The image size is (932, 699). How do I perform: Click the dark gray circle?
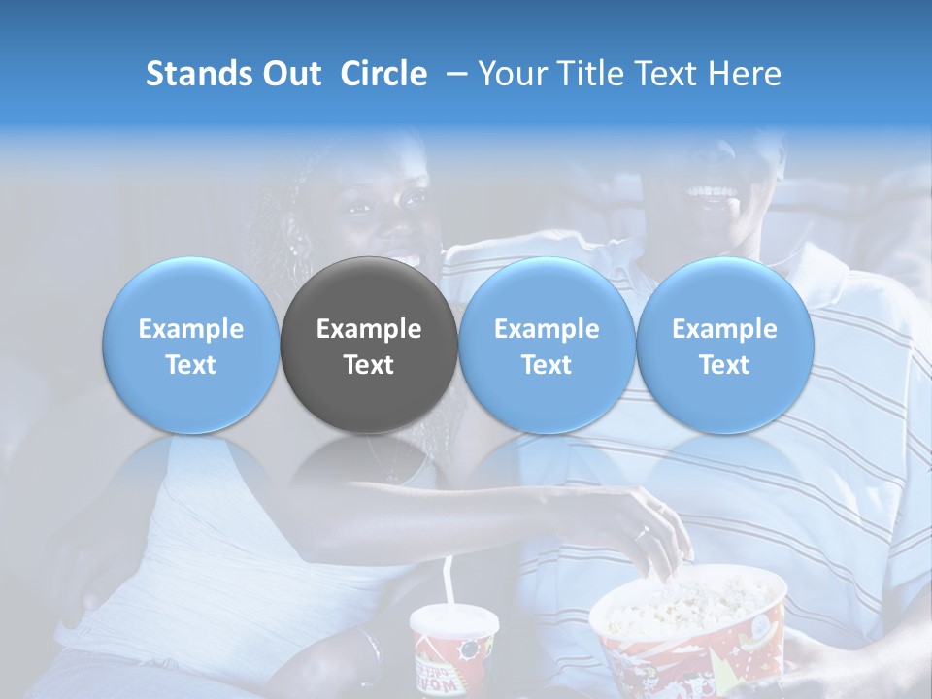[x=369, y=346]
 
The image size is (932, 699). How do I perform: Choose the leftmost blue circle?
[x=191, y=346]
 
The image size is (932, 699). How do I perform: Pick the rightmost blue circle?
[x=724, y=346]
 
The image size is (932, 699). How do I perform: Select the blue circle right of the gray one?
[x=547, y=346]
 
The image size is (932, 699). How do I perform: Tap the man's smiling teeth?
[x=713, y=191]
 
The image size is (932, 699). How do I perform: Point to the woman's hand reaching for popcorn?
[x=652, y=534]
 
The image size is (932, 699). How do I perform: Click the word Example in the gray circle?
[x=369, y=329]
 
